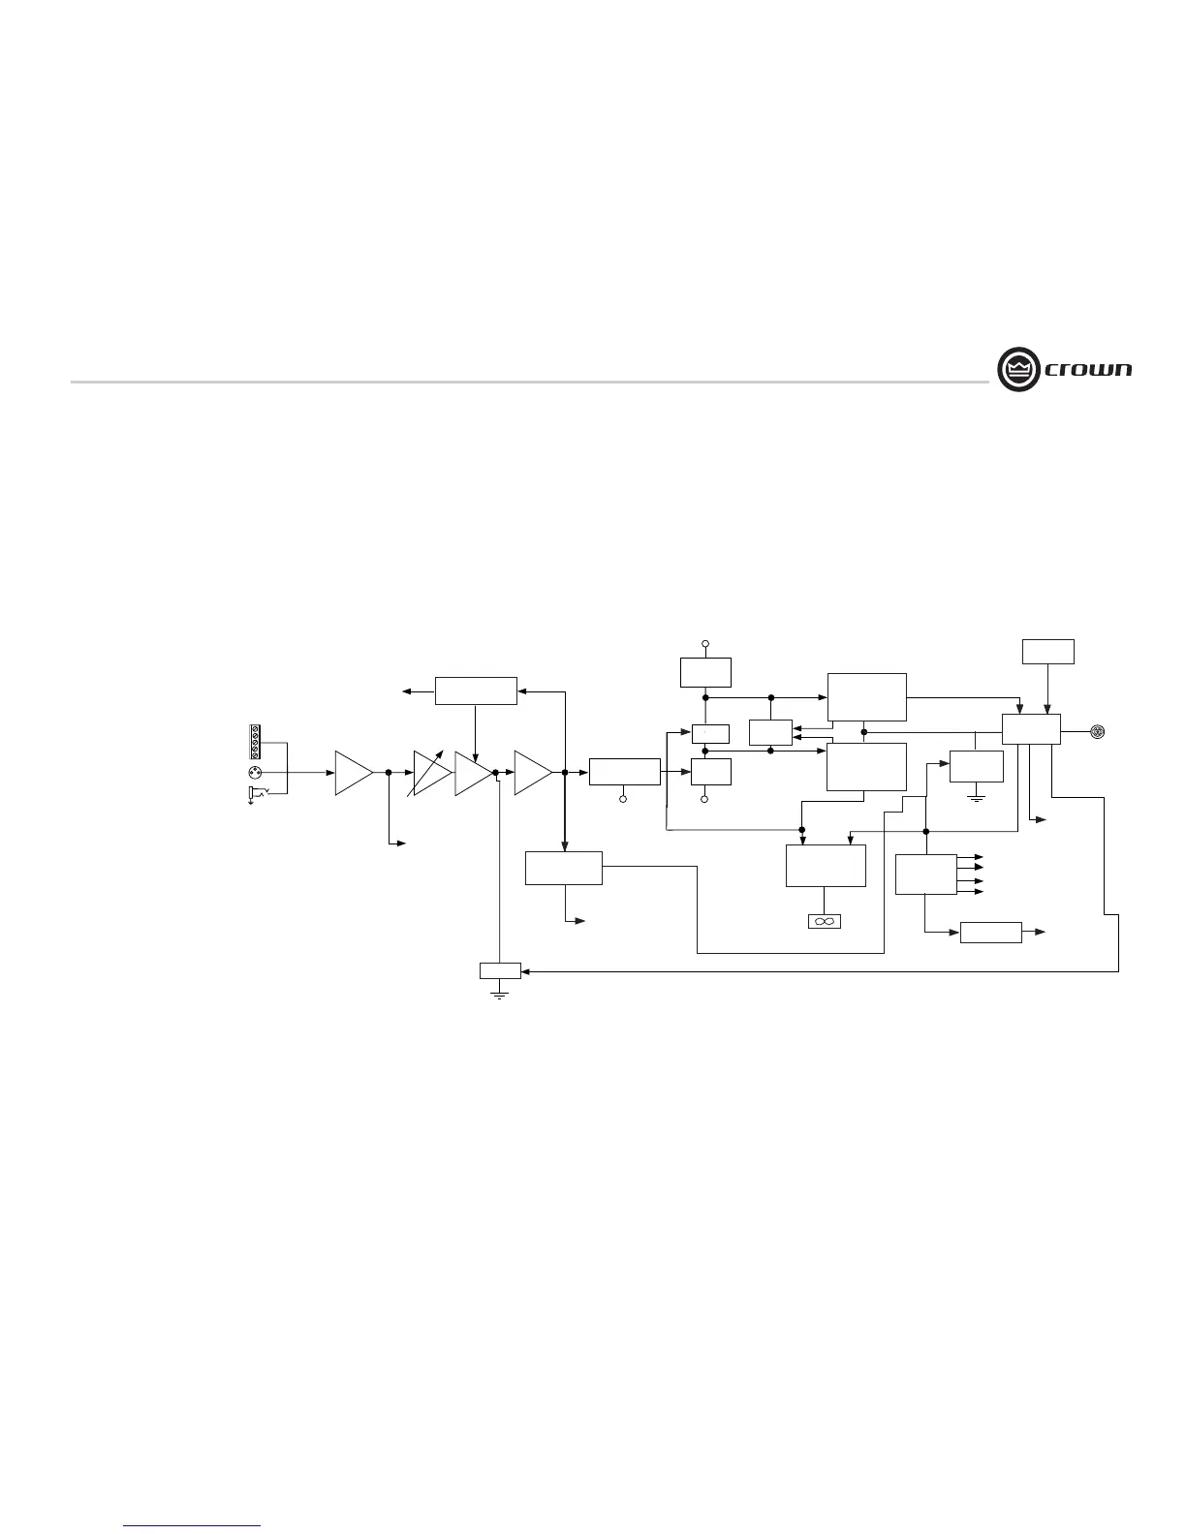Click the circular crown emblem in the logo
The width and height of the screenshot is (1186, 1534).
coord(1017,369)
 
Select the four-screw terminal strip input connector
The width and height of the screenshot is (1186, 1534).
coord(256,742)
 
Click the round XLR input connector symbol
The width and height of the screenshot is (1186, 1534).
coord(255,773)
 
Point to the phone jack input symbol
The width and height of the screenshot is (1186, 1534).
coord(257,795)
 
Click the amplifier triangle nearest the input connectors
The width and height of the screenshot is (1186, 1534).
coord(353,773)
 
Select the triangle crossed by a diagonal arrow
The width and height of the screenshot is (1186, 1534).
coord(431,773)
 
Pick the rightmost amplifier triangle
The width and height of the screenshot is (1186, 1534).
coord(532,773)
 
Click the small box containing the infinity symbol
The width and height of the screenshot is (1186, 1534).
coord(825,921)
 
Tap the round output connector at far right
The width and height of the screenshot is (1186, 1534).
coord(1097,730)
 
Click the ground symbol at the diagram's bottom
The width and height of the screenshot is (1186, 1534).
coord(500,992)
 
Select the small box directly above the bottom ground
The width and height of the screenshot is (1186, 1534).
coord(500,971)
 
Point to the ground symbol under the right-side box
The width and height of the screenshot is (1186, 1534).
coord(977,796)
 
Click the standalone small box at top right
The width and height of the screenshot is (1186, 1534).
coord(1048,652)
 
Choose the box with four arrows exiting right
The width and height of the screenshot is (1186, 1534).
coord(925,874)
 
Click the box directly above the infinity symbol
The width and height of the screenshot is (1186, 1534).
coord(825,866)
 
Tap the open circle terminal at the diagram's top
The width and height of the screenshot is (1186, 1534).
coord(705,643)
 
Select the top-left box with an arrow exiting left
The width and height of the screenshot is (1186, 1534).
coord(475,690)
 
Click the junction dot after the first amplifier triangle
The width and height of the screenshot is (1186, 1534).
coord(389,773)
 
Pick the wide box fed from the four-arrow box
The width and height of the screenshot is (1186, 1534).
coord(990,933)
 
